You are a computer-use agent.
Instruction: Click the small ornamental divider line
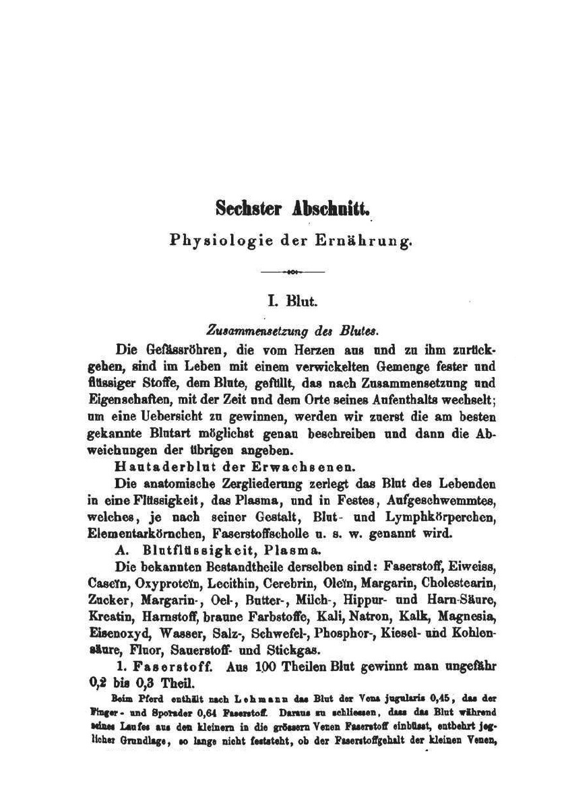pyautogui.click(x=292, y=272)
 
